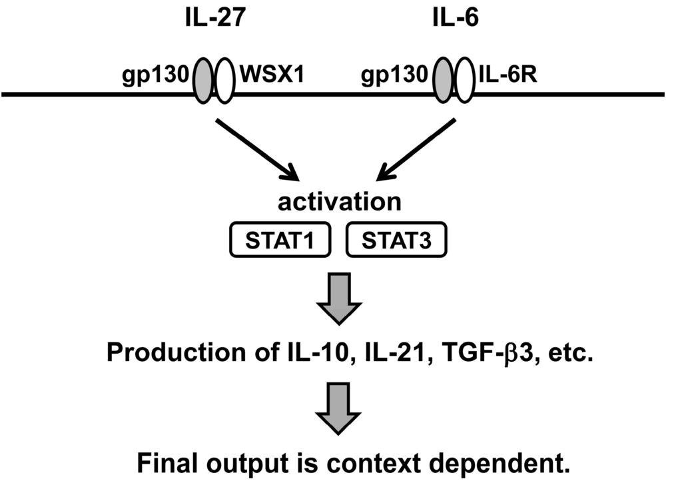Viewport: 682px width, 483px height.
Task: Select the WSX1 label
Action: (x=270, y=76)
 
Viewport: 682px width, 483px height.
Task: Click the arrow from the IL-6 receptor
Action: (x=417, y=150)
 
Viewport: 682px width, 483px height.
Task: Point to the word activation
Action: (x=340, y=201)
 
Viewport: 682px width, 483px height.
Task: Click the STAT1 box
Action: (x=279, y=241)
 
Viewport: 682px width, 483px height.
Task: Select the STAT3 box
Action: (x=397, y=241)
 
